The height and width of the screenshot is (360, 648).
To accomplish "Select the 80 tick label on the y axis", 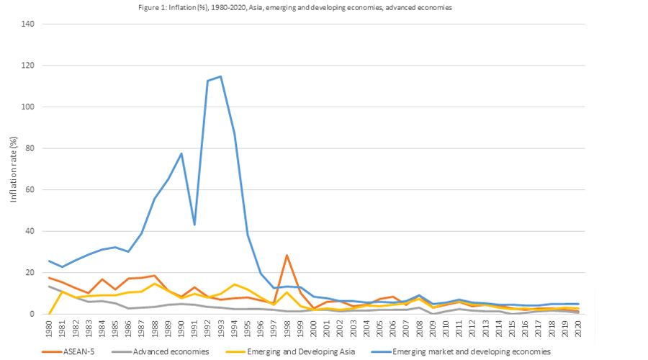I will pos(30,149).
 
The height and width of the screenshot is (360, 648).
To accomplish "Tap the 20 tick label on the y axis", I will pos(30,273).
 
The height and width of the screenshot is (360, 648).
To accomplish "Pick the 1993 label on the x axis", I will pos(220,328).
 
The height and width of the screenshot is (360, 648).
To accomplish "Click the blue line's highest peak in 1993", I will pos(220,76).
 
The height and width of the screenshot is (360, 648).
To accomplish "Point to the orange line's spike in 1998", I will pos(287,255).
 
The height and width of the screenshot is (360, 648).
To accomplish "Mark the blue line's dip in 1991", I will pos(194,225).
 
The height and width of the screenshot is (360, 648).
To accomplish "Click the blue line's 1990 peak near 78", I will pos(181,153).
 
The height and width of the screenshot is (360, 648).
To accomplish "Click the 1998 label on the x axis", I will pos(287,328).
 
